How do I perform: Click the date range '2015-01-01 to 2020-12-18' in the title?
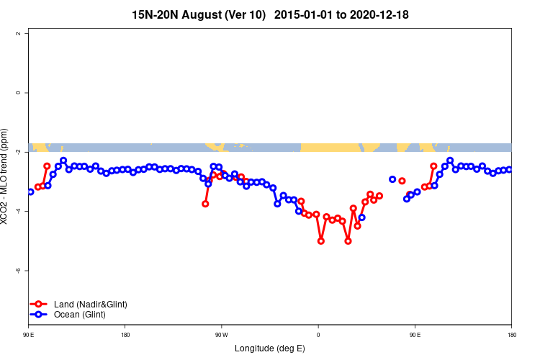point(343,14)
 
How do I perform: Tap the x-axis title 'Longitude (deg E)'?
point(270,348)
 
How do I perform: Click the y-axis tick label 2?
point(27,34)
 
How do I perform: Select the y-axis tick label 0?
point(27,93)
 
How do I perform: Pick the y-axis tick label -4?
point(27,211)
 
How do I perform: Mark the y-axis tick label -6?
point(27,270)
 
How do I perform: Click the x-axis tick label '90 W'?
point(221,335)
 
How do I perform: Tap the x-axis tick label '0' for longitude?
point(318,335)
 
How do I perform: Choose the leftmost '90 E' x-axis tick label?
point(29,335)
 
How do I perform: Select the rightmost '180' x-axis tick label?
point(511,335)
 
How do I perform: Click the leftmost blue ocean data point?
point(30,192)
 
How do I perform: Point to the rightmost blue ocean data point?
point(509,169)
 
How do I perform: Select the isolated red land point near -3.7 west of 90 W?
point(205,204)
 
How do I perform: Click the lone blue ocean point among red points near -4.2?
point(361,217)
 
